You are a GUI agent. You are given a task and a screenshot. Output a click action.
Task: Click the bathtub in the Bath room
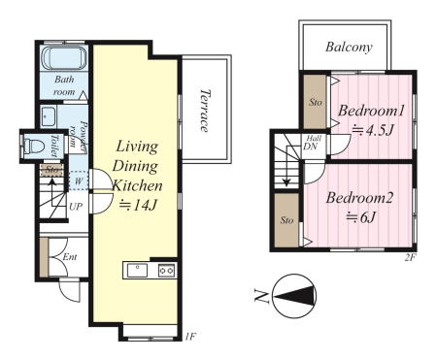[x=64, y=58]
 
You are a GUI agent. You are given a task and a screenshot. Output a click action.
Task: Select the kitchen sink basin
[x=137, y=271]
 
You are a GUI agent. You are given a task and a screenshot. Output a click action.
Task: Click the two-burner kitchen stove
[x=167, y=270]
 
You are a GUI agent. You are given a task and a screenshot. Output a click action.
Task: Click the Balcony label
[x=349, y=48]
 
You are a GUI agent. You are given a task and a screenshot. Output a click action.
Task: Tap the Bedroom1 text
[x=371, y=111]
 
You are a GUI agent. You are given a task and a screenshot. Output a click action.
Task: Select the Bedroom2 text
[x=359, y=198]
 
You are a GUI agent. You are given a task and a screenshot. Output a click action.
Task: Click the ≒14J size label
[x=138, y=205]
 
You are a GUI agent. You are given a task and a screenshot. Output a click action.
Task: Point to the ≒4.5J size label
[x=372, y=130]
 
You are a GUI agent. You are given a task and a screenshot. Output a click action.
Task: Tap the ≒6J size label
[x=360, y=217]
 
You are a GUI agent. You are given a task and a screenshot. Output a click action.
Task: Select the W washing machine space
[x=79, y=180]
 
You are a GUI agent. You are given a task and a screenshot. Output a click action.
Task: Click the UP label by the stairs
[x=76, y=207]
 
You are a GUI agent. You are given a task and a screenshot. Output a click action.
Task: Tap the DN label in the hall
[x=310, y=147]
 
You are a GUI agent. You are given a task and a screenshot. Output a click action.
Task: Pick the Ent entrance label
[x=70, y=257]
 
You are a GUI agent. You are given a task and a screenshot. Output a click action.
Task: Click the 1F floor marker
[x=190, y=337]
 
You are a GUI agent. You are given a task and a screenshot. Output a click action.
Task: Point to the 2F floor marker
[x=410, y=257]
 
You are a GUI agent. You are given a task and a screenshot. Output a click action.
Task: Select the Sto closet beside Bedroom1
[x=315, y=102]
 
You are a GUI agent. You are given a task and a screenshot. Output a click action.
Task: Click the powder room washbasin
[x=48, y=115]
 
